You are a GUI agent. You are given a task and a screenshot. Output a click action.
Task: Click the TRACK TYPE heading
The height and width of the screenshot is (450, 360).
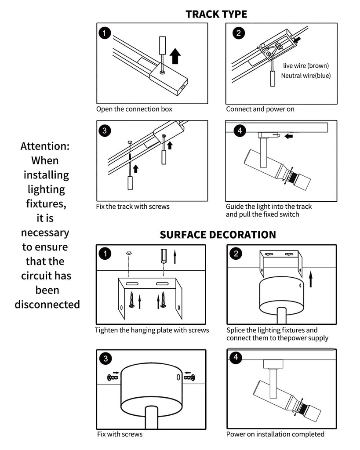click(216, 14)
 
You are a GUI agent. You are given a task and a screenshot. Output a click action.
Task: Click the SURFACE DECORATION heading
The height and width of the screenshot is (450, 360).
click(218, 235)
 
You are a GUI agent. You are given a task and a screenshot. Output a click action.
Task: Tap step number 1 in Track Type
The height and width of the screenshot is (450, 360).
click(105, 33)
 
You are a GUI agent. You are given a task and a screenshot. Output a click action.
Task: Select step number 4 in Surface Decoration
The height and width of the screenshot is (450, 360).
click(236, 357)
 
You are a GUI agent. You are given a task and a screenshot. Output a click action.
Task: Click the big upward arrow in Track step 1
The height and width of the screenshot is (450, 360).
click(175, 56)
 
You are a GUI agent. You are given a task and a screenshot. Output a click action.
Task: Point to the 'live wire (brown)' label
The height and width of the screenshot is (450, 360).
click(306, 66)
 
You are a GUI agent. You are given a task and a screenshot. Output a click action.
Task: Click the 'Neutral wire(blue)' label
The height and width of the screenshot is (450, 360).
click(306, 76)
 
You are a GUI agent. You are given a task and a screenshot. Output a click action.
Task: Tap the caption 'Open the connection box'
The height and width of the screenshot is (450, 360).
click(134, 109)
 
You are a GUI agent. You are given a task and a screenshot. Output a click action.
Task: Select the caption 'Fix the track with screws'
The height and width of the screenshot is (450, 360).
click(133, 207)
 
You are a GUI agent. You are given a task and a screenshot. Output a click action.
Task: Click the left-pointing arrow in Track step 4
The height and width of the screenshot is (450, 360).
click(288, 136)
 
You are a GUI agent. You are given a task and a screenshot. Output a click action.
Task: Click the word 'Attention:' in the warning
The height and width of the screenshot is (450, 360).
click(45, 146)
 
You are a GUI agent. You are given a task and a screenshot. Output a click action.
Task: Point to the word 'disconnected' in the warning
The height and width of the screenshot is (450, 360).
click(47, 304)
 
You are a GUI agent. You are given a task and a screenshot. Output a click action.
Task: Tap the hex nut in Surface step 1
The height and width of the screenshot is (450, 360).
click(129, 253)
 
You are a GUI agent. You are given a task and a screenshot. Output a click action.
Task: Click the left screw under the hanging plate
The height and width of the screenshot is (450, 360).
click(132, 300)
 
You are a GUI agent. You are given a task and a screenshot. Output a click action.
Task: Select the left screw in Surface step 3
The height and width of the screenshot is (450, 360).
click(113, 377)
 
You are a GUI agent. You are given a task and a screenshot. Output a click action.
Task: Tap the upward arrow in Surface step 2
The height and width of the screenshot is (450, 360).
click(310, 279)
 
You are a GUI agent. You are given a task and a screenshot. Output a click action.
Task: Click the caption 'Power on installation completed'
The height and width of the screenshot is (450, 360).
click(275, 434)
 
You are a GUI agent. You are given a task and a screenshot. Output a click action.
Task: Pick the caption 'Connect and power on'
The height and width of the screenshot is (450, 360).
click(260, 109)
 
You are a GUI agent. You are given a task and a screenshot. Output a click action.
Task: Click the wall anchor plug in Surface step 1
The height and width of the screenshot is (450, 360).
click(164, 256)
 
